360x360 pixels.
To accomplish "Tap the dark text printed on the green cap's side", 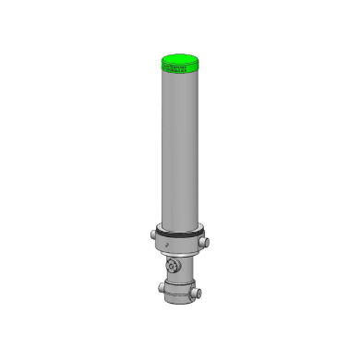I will [174, 68].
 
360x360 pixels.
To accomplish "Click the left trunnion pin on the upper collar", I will [153, 234].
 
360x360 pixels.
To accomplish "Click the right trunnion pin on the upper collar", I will [205, 242].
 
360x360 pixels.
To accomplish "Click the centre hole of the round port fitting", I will [171, 267].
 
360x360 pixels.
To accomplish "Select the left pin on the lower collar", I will [161, 287].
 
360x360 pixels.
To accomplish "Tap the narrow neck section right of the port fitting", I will [188, 268].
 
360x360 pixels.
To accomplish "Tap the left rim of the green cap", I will [162, 62].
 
